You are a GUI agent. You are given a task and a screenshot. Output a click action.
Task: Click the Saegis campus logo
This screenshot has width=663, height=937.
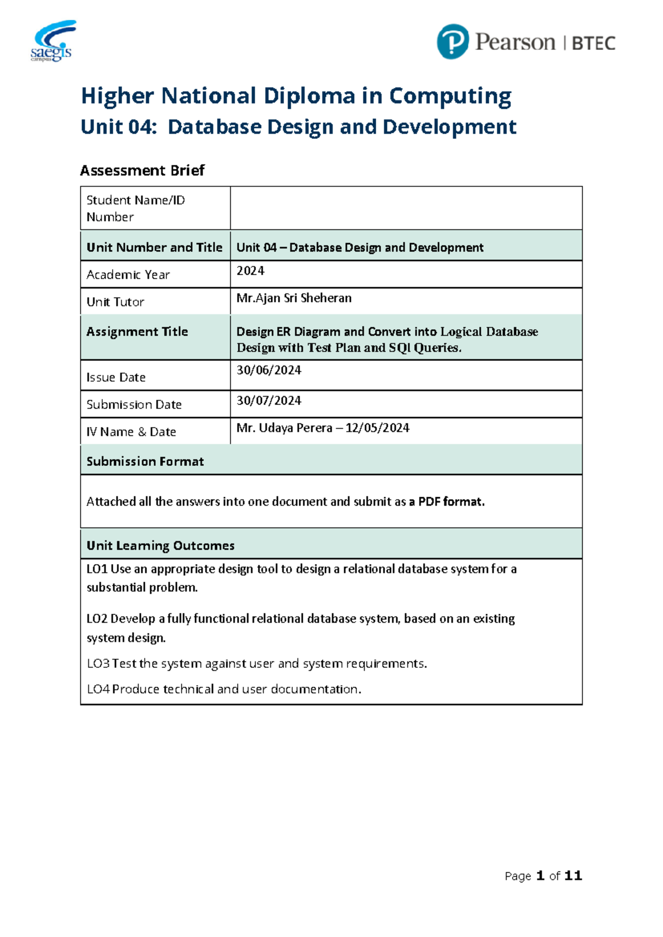52,41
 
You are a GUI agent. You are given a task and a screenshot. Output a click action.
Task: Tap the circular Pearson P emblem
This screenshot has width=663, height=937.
452,42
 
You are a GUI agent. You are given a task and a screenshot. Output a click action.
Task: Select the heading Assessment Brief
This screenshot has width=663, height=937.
142,170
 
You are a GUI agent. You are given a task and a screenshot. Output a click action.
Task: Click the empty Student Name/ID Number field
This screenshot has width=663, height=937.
406,208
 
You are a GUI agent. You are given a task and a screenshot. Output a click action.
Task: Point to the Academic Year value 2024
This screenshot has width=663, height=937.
250,271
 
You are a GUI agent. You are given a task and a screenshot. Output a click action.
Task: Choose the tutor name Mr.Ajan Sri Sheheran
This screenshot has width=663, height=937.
294,298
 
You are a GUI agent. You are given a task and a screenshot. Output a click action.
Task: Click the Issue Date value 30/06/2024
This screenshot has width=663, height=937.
269,370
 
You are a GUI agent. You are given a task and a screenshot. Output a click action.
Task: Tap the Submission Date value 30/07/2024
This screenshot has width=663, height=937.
269,401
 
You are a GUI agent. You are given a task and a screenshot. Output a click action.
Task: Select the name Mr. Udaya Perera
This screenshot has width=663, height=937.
284,428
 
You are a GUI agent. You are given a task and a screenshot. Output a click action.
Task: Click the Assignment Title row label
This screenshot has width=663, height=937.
137,331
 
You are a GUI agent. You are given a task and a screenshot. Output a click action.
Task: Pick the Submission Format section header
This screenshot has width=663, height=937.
145,461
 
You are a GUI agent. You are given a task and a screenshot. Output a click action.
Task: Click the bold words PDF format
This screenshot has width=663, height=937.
451,502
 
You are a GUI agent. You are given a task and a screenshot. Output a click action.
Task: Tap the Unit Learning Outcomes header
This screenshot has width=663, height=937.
160,546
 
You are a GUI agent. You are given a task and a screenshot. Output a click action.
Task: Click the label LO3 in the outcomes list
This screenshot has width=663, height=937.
98,664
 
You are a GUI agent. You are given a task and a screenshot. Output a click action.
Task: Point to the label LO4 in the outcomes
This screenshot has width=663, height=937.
98,689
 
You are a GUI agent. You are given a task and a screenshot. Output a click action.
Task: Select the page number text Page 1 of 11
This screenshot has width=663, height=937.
543,876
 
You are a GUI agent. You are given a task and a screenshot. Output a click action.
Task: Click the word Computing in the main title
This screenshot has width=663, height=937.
450,96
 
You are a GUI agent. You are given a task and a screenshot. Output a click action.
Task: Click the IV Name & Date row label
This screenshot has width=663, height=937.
131,432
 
